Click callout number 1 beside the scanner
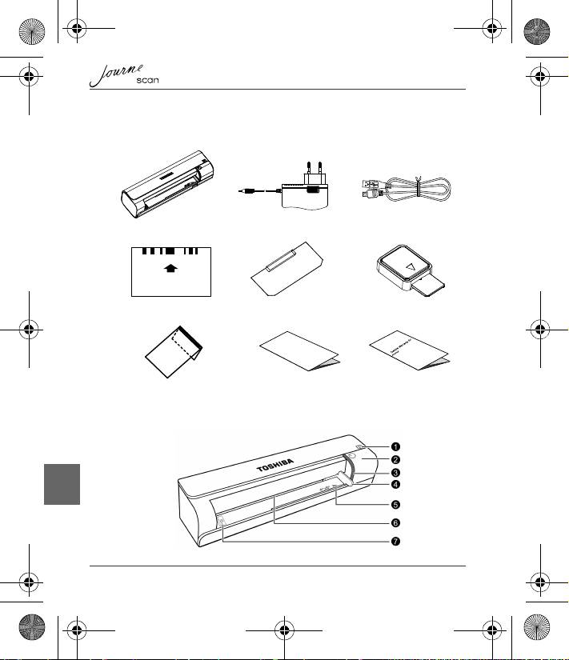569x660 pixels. (395, 445)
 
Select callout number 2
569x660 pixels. (395, 460)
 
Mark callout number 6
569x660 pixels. (395, 523)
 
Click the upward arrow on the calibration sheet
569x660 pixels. (170, 270)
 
